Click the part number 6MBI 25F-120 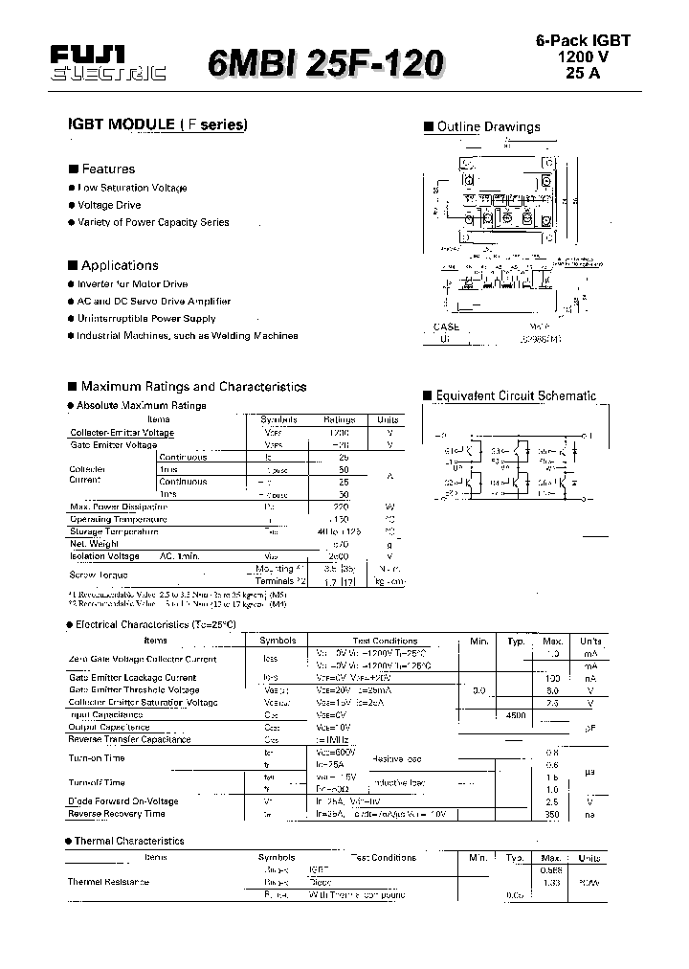coord(325,64)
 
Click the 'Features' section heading coord(108,169)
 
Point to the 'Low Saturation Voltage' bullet coord(132,188)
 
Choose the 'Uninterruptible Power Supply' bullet coord(146,318)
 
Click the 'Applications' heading coord(120,265)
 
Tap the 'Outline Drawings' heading coord(488,126)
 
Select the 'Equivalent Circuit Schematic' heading coord(516,395)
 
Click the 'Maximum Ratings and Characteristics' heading coord(193,387)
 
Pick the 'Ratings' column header coord(339,419)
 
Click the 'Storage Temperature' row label coord(114,531)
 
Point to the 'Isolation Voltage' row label coord(104,556)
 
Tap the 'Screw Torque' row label coord(99,575)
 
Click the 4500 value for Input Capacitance coord(517,714)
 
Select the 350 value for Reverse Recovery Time coord(552,814)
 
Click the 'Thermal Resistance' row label coord(108,882)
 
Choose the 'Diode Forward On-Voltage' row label coord(122,801)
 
